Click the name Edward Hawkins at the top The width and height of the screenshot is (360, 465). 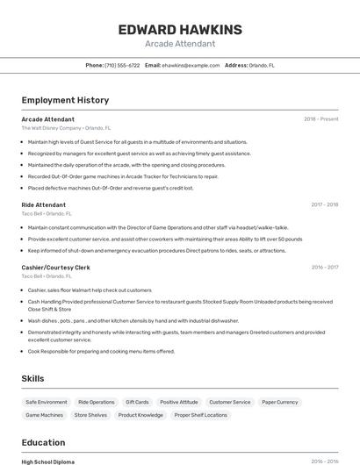tap(179, 29)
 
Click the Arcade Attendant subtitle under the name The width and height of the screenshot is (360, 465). tap(179, 43)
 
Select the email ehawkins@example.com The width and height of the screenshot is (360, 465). tap(191, 65)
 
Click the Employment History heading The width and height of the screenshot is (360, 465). tap(65, 100)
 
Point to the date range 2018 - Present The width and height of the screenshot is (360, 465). tap(320, 118)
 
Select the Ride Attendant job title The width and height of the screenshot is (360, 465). tap(44, 204)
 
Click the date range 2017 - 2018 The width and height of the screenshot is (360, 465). tap(324, 204)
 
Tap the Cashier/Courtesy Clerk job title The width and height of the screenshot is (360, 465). tap(56, 267)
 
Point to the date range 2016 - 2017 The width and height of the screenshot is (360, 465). tap(324, 267)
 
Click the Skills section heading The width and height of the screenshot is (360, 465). tap(33, 378)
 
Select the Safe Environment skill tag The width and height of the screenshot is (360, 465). tap(47, 402)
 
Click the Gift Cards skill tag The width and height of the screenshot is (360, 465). tap(137, 402)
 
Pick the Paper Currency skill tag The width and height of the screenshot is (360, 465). tap(280, 402)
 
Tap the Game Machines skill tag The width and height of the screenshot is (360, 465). tap(45, 415)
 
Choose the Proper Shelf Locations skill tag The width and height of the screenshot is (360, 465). tap(201, 415)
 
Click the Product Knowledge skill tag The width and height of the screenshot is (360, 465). tap(140, 415)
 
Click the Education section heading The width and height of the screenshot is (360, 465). tap(43, 442)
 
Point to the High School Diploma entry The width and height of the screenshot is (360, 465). tap(48, 461)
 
